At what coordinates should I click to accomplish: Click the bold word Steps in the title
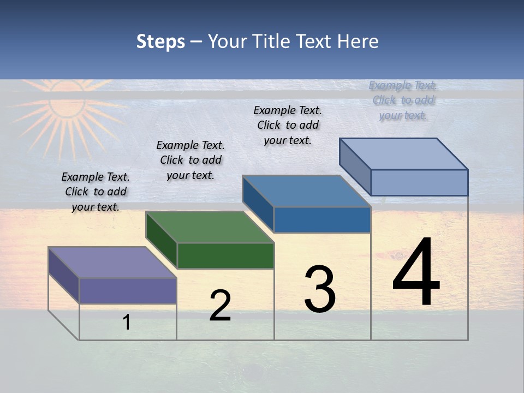pyautogui.click(x=160, y=41)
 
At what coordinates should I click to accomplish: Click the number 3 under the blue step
pyautogui.click(x=320, y=289)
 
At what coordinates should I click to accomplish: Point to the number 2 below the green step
pyautogui.click(x=220, y=306)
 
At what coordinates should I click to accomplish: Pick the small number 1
pyautogui.click(x=126, y=322)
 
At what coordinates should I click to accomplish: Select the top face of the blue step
pyautogui.click(x=306, y=191)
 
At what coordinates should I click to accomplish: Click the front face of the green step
pyautogui.click(x=225, y=255)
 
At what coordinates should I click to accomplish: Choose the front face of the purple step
pyautogui.click(x=128, y=290)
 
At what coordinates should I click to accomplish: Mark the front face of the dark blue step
pyautogui.click(x=322, y=219)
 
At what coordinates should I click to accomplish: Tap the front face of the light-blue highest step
pyautogui.click(x=419, y=182)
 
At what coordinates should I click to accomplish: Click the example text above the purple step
pyautogui.click(x=96, y=192)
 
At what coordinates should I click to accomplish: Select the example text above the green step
pyautogui.click(x=190, y=160)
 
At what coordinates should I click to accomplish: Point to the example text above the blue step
pyautogui.click(x=288, y=125)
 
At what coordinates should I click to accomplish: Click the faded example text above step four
pyautogui.click(x=403, y=100)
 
